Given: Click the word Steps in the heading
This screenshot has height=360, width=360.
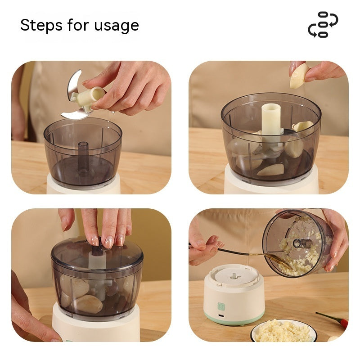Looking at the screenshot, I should click(x=41, y=26).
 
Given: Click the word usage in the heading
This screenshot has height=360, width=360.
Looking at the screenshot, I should click(x=117, y=26).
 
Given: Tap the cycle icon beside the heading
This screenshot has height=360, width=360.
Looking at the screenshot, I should click(x=323, y=25).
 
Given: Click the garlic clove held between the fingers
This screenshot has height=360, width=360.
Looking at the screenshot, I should click(x=299, y=76).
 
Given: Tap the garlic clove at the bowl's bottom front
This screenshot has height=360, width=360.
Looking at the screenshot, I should click(x=270, y=170).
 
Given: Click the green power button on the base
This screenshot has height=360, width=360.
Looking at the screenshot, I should click(x=221, y=306).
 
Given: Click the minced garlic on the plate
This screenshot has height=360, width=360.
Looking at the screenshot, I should click(x=283, y=331).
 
